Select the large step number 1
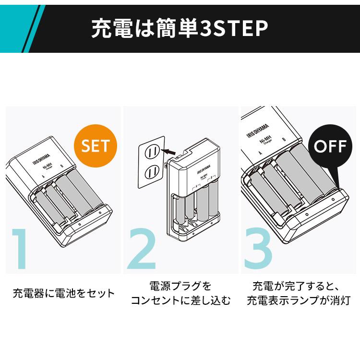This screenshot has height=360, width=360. click(x=20, y=250)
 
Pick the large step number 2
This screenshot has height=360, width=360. click(x=142, y=250)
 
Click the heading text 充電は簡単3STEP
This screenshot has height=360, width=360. click(x=180, y=28)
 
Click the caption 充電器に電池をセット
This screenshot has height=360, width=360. click(x=64, y=293)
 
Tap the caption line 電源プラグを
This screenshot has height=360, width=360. click(x=180, y=287)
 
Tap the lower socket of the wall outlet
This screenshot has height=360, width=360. click(x=152, y=170)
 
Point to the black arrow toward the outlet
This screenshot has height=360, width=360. click(x=169, y=152)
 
